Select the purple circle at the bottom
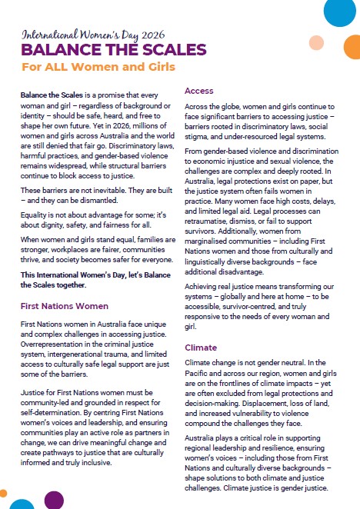[54, 501]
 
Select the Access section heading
[199, 91]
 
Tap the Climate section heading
[202, 348]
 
